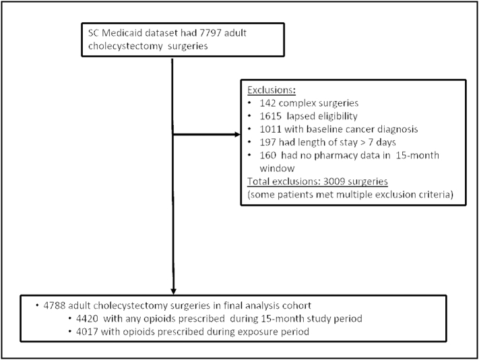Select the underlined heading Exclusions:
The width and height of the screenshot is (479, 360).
[x=274, y=90]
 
